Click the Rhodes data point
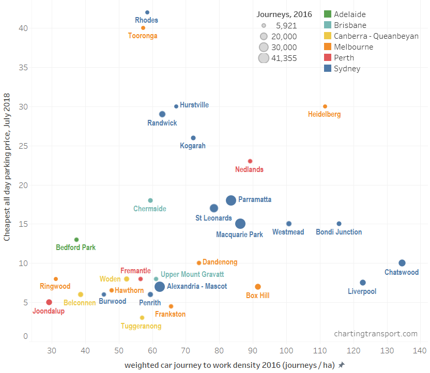147,12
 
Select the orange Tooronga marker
143,28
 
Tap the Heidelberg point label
324,114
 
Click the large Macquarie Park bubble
240,224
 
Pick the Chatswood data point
402,263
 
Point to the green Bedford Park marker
76,240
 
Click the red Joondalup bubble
49,302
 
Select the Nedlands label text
249,169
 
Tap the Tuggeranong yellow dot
142,318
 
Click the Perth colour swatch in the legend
327,57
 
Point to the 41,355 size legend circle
264,58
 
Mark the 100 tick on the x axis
287,351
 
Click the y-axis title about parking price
7,167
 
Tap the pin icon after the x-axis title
342,365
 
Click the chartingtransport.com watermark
376,334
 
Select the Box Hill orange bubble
258,287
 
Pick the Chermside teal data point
150,200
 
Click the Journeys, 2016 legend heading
284,14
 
